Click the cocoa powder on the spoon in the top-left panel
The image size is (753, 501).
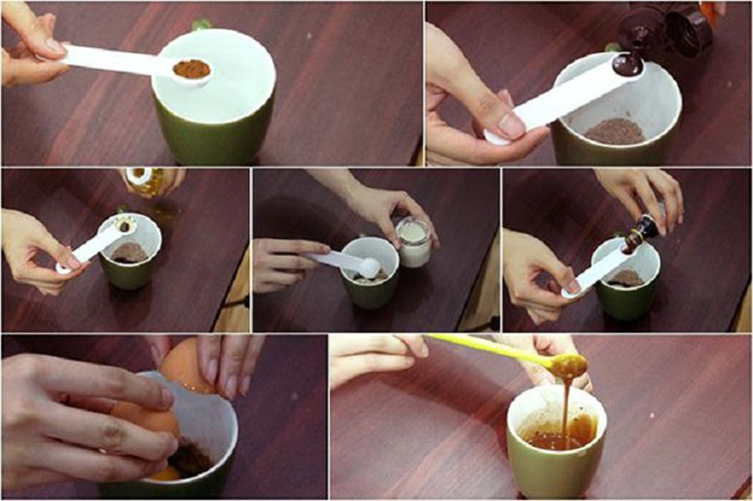tap(191, 70)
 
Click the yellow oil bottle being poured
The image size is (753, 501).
tap(153, 181)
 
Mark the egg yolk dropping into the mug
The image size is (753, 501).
tap(164, 473)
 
